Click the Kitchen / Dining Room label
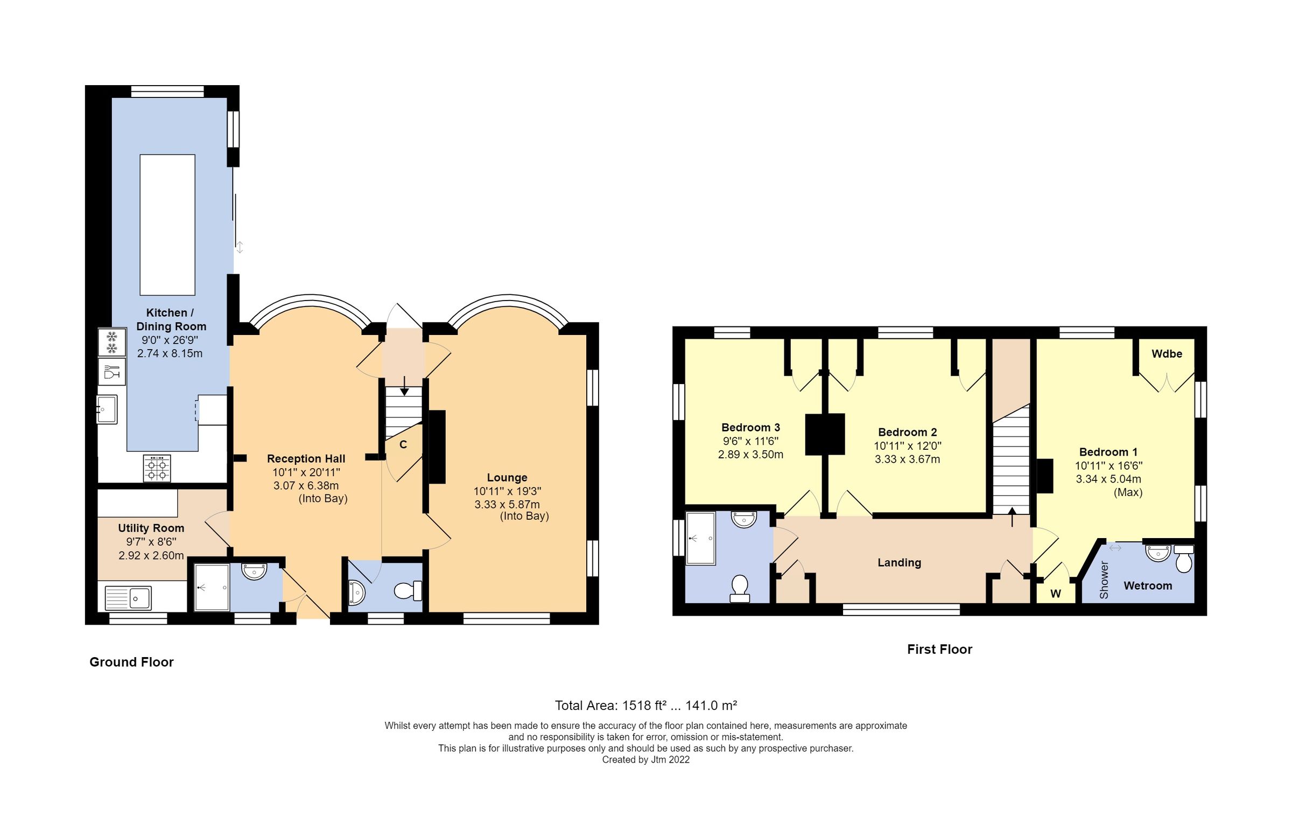(x=171, y=319)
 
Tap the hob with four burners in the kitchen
(x=157, y=469)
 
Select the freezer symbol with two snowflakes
(x=112, y=343)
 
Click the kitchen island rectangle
(x=167, y=225)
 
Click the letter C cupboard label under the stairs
(x=403, y=445)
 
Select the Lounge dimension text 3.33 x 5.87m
(x=507, y=505)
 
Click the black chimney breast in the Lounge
(x=437, y=447)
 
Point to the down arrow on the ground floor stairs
(x=404, y=386)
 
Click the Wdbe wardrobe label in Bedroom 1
(x=1167, y=354)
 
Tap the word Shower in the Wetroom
(x=1104, y=580)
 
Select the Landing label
(x=899, y=563)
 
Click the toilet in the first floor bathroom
(x=740, y=588)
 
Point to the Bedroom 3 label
(x=750, y=428)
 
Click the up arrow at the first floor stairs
(x=1012, y=517)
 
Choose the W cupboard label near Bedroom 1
(x=1056, y=594)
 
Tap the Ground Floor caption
(x=131, y=662)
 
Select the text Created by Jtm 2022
(x=645, y=760)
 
